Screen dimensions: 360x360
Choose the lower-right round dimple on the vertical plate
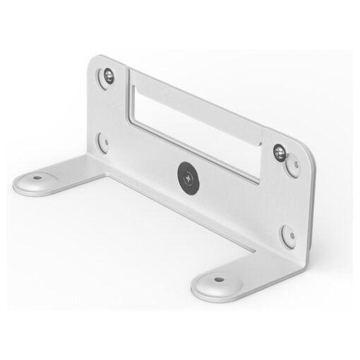(x=287, y=234)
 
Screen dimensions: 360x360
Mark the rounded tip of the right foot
(x=200, y=289)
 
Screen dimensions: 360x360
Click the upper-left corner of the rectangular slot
(x=133, y=71)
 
